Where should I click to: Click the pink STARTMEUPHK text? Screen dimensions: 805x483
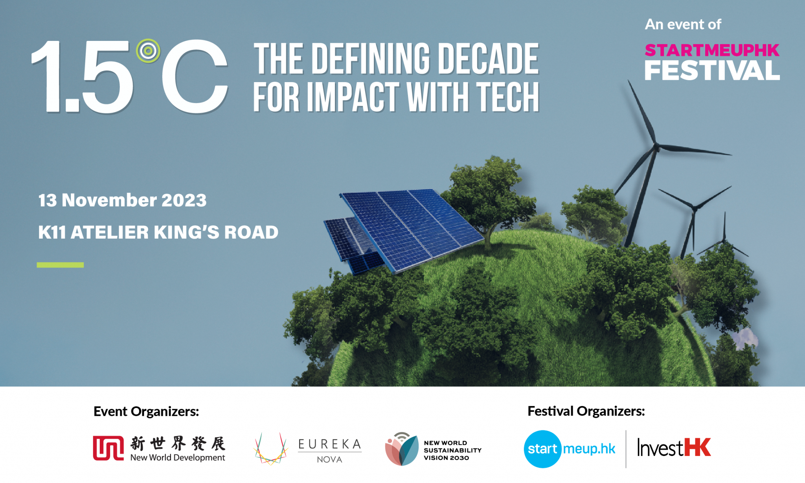coord(712,50)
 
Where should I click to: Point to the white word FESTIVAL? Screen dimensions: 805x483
coord(712,71)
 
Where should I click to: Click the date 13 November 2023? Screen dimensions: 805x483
coord(122,200)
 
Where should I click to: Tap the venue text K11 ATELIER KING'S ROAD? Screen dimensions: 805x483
coord(158,232)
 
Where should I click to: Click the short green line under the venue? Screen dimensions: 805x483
coord(60,265)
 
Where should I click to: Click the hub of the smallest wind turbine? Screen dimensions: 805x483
coord(723,241)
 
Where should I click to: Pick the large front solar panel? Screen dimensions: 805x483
coord(412,230)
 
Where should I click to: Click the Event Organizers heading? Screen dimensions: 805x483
coord(146,411)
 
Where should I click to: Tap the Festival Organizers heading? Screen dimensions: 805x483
coord(586,411)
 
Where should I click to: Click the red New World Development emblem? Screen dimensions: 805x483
coord(108,448)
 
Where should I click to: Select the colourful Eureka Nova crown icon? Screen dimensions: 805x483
coord(270,449)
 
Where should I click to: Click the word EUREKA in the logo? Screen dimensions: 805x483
coord(329,444)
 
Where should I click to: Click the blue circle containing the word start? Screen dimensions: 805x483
coord(543,449)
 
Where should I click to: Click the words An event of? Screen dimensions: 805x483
coord(683,24)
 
